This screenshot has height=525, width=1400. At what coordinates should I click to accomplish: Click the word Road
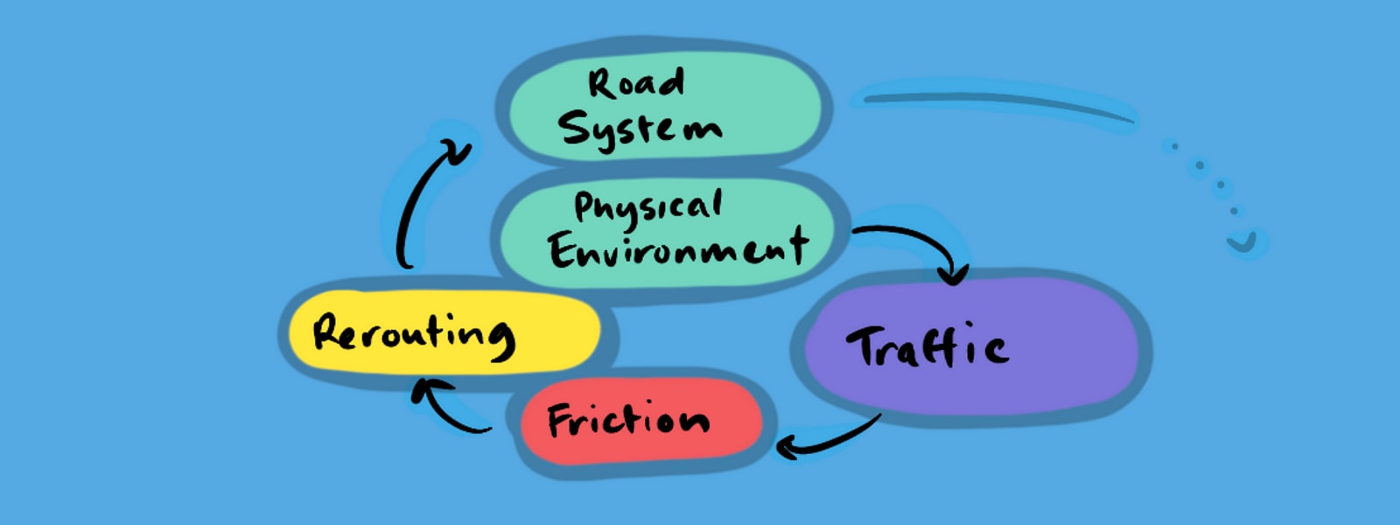(635, 83)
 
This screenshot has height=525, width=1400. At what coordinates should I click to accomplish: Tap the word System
(640, 129)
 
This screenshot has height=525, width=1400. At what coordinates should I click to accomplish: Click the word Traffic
(927, 346)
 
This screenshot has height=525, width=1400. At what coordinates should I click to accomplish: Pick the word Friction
(628, 420)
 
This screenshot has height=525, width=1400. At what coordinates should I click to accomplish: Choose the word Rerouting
(414, 333)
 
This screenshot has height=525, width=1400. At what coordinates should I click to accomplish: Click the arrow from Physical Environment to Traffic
(919, 241)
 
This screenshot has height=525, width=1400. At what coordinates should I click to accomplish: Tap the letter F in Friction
(560, 420)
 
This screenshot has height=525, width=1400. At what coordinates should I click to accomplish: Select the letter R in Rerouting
(328, 332)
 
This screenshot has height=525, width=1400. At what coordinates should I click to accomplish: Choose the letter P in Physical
(584, 208)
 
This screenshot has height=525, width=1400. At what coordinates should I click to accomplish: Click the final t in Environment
(795, 246)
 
